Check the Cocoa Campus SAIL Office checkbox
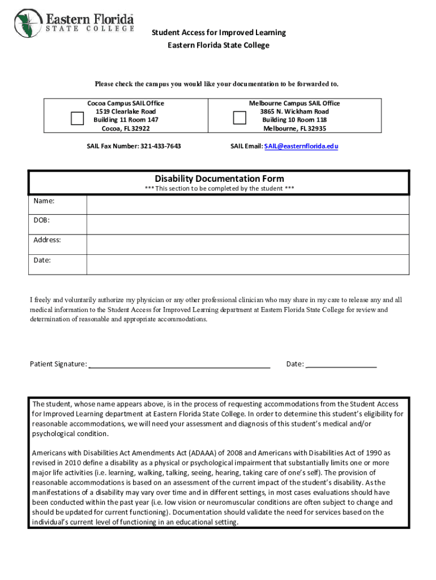[76, 118]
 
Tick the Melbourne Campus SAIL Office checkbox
[240, 118]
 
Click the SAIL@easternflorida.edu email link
[301, 146]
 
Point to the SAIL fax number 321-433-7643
[159, 146]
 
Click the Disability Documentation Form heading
[219, 179]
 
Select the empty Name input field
[247, 205]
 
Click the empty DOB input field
[247, 224]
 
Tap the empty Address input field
[247, 245]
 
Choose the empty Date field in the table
[247, 265]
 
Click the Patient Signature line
[179, 365]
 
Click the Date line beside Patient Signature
[341, 365]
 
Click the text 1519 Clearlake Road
[125, 112]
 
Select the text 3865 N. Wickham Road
[294, 112]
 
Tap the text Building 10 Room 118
[294, 120]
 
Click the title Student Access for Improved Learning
[219, 32]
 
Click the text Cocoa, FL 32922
[125, 129]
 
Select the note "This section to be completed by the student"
[219, 189]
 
